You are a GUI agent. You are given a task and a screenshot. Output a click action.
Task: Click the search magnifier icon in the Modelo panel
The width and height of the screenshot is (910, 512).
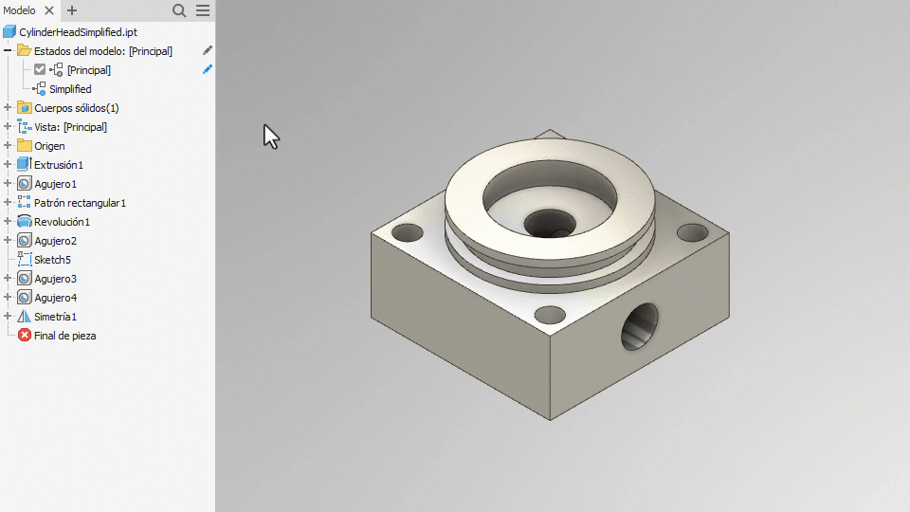tap(179, 10)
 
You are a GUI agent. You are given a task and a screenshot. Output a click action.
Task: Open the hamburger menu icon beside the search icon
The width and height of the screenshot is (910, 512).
tap(203, 10)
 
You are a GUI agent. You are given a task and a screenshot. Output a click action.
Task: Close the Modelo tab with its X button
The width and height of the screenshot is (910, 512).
tap(49, 10)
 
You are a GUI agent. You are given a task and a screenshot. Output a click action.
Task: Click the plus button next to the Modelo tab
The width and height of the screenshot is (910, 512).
tap(72, 10)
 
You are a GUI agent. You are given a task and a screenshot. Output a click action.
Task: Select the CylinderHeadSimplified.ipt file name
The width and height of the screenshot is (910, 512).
tap(79, 32)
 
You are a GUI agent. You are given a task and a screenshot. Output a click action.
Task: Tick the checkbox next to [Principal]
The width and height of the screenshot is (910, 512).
tap(40, 69)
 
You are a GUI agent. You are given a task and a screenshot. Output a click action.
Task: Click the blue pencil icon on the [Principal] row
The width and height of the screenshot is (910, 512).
tap(208, 69)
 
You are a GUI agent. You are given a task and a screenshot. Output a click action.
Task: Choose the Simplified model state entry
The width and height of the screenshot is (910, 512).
tap(70, 89)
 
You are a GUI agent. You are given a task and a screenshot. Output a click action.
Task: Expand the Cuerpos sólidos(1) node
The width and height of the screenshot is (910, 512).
tap(8, 108)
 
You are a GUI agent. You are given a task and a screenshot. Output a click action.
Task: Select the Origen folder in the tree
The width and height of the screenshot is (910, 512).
tap(49, 146)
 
